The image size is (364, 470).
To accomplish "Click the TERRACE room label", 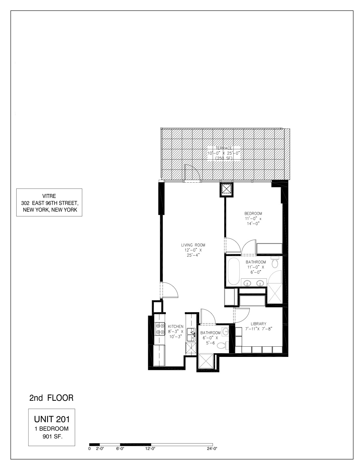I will click(x=224, y=148).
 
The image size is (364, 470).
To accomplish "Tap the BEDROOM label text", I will click(x=253, y=213).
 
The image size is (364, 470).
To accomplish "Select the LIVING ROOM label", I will click(x=193, y=245).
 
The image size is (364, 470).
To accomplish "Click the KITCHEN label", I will click(x=175, y=326).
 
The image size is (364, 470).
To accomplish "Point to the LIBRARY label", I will click(x=258, y=324).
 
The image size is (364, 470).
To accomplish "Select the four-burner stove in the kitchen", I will click(x=160, y=328).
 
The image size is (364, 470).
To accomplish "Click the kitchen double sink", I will click(x=191, y=334).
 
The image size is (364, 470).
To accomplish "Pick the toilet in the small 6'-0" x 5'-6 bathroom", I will click(x=222, y=346).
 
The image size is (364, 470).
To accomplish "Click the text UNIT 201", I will click(x=52, y=419).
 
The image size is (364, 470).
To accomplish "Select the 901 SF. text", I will click(x=52, y=436).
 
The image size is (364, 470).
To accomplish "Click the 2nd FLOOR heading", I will click(x=51, y=398).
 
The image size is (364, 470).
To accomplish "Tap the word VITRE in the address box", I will click(x=49, y=196).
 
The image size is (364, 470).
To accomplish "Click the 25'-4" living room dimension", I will click(x=193, y=255).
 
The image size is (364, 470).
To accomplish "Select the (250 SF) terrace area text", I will click(x=224, y=158).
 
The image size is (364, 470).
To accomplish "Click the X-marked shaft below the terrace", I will click(x=226, y=189).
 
